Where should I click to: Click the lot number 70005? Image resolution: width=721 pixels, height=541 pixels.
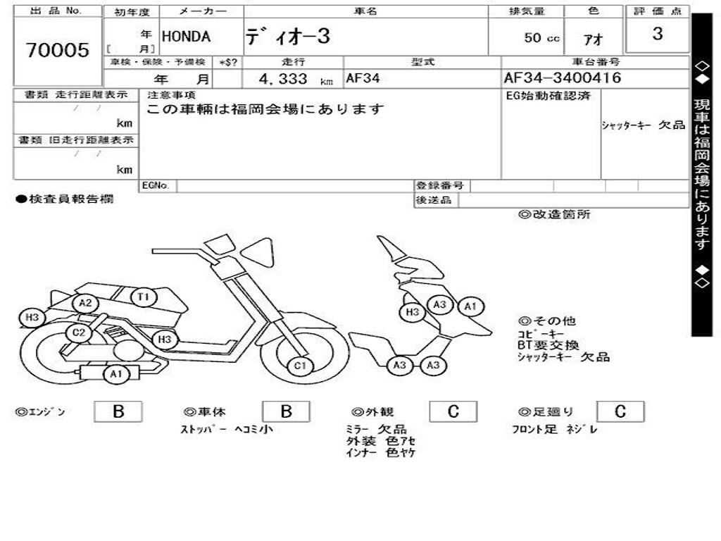click(x=58, y=50)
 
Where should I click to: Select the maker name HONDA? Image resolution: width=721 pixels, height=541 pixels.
click(x=186, y=37)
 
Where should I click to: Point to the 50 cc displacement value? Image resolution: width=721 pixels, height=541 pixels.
click(x=541, y=38)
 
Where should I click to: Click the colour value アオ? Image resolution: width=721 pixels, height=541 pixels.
click(x=593, y=39)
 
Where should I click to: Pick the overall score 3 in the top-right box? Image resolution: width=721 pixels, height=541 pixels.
click(x=657, y=34)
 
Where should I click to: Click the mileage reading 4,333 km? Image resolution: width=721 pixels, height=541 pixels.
click(x=291, y=79)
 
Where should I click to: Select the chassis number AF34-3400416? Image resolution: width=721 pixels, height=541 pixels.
click(x=563, y=78)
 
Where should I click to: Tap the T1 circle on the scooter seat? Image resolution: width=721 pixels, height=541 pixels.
click(x=144, y=297)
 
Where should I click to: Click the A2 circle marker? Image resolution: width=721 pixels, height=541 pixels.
click(x=86, y=304)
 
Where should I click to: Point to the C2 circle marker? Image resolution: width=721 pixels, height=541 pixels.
click(x=79, y=333)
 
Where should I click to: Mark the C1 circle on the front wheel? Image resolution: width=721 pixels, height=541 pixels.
click(x=301, y=365)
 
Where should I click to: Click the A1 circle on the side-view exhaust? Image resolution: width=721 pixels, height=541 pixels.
click(x=115, y=374)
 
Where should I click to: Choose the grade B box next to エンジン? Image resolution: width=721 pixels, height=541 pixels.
click(x=118, y=412)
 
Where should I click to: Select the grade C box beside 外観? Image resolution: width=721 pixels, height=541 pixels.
click(x=453, y=412)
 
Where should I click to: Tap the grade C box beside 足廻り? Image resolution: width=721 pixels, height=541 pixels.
click(x=620, y=412)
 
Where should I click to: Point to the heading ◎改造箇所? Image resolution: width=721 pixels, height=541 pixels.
click(x=554, y=215)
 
